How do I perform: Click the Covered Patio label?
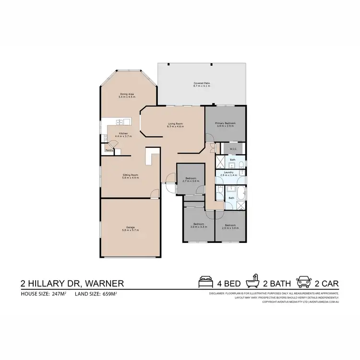coord(202,83)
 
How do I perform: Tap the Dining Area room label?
coord(127,94)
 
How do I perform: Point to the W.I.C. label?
coord(233,148)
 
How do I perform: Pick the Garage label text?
coord(130,228)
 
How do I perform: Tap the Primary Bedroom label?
coord(224,123)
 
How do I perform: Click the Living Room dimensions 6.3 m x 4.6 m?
coord(175,126)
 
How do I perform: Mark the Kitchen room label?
coord(123,133)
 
